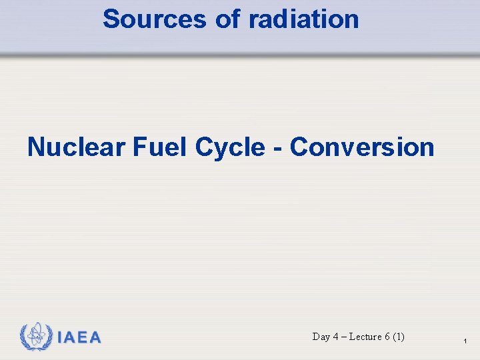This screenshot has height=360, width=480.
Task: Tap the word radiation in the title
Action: tap(304, 19)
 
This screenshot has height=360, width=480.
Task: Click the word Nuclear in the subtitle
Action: tap(75, 147)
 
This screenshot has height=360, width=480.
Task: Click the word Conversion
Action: tap(362, 147)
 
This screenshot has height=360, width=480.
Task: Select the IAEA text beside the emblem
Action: tap(79, 338)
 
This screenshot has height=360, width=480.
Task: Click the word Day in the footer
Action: tap(321, 337)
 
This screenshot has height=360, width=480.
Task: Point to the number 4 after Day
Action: tap(336, 337)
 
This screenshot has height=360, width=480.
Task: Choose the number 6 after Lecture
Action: tap(387, 337)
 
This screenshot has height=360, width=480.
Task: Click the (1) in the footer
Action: tap(399, 337)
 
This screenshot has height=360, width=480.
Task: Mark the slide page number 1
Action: tap(465, 342)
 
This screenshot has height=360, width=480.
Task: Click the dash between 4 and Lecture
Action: tap(344, 337)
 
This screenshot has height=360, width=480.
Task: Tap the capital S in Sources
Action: tap(111, 19)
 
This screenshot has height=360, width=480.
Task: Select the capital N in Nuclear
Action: tap(35, 147)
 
